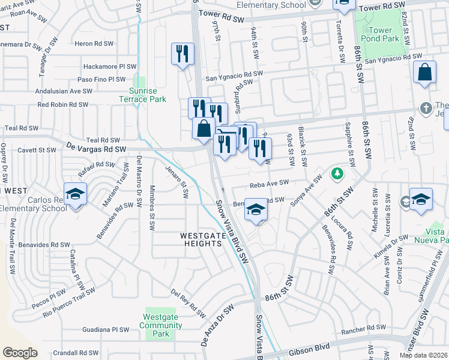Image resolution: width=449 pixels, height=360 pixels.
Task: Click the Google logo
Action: point(20,353)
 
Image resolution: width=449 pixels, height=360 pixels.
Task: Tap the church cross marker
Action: point(426,109)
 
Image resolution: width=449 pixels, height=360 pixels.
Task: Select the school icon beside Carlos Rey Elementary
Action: point(76,194)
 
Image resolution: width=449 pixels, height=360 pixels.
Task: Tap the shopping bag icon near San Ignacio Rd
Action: point(424,72)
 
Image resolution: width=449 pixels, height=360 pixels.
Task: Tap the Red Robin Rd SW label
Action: point(63,104)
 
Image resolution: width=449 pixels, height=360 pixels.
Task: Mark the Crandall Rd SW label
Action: point(76,353)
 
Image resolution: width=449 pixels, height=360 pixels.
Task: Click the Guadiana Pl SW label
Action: point(106,329)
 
